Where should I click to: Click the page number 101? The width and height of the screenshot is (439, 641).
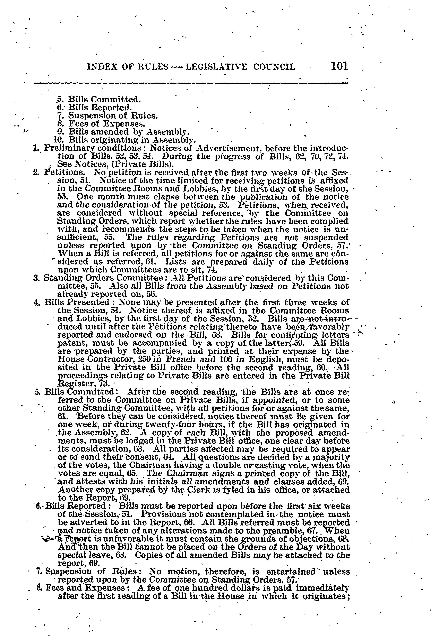coord(339,66)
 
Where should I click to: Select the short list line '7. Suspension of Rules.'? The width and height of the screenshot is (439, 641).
coord(113,115)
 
